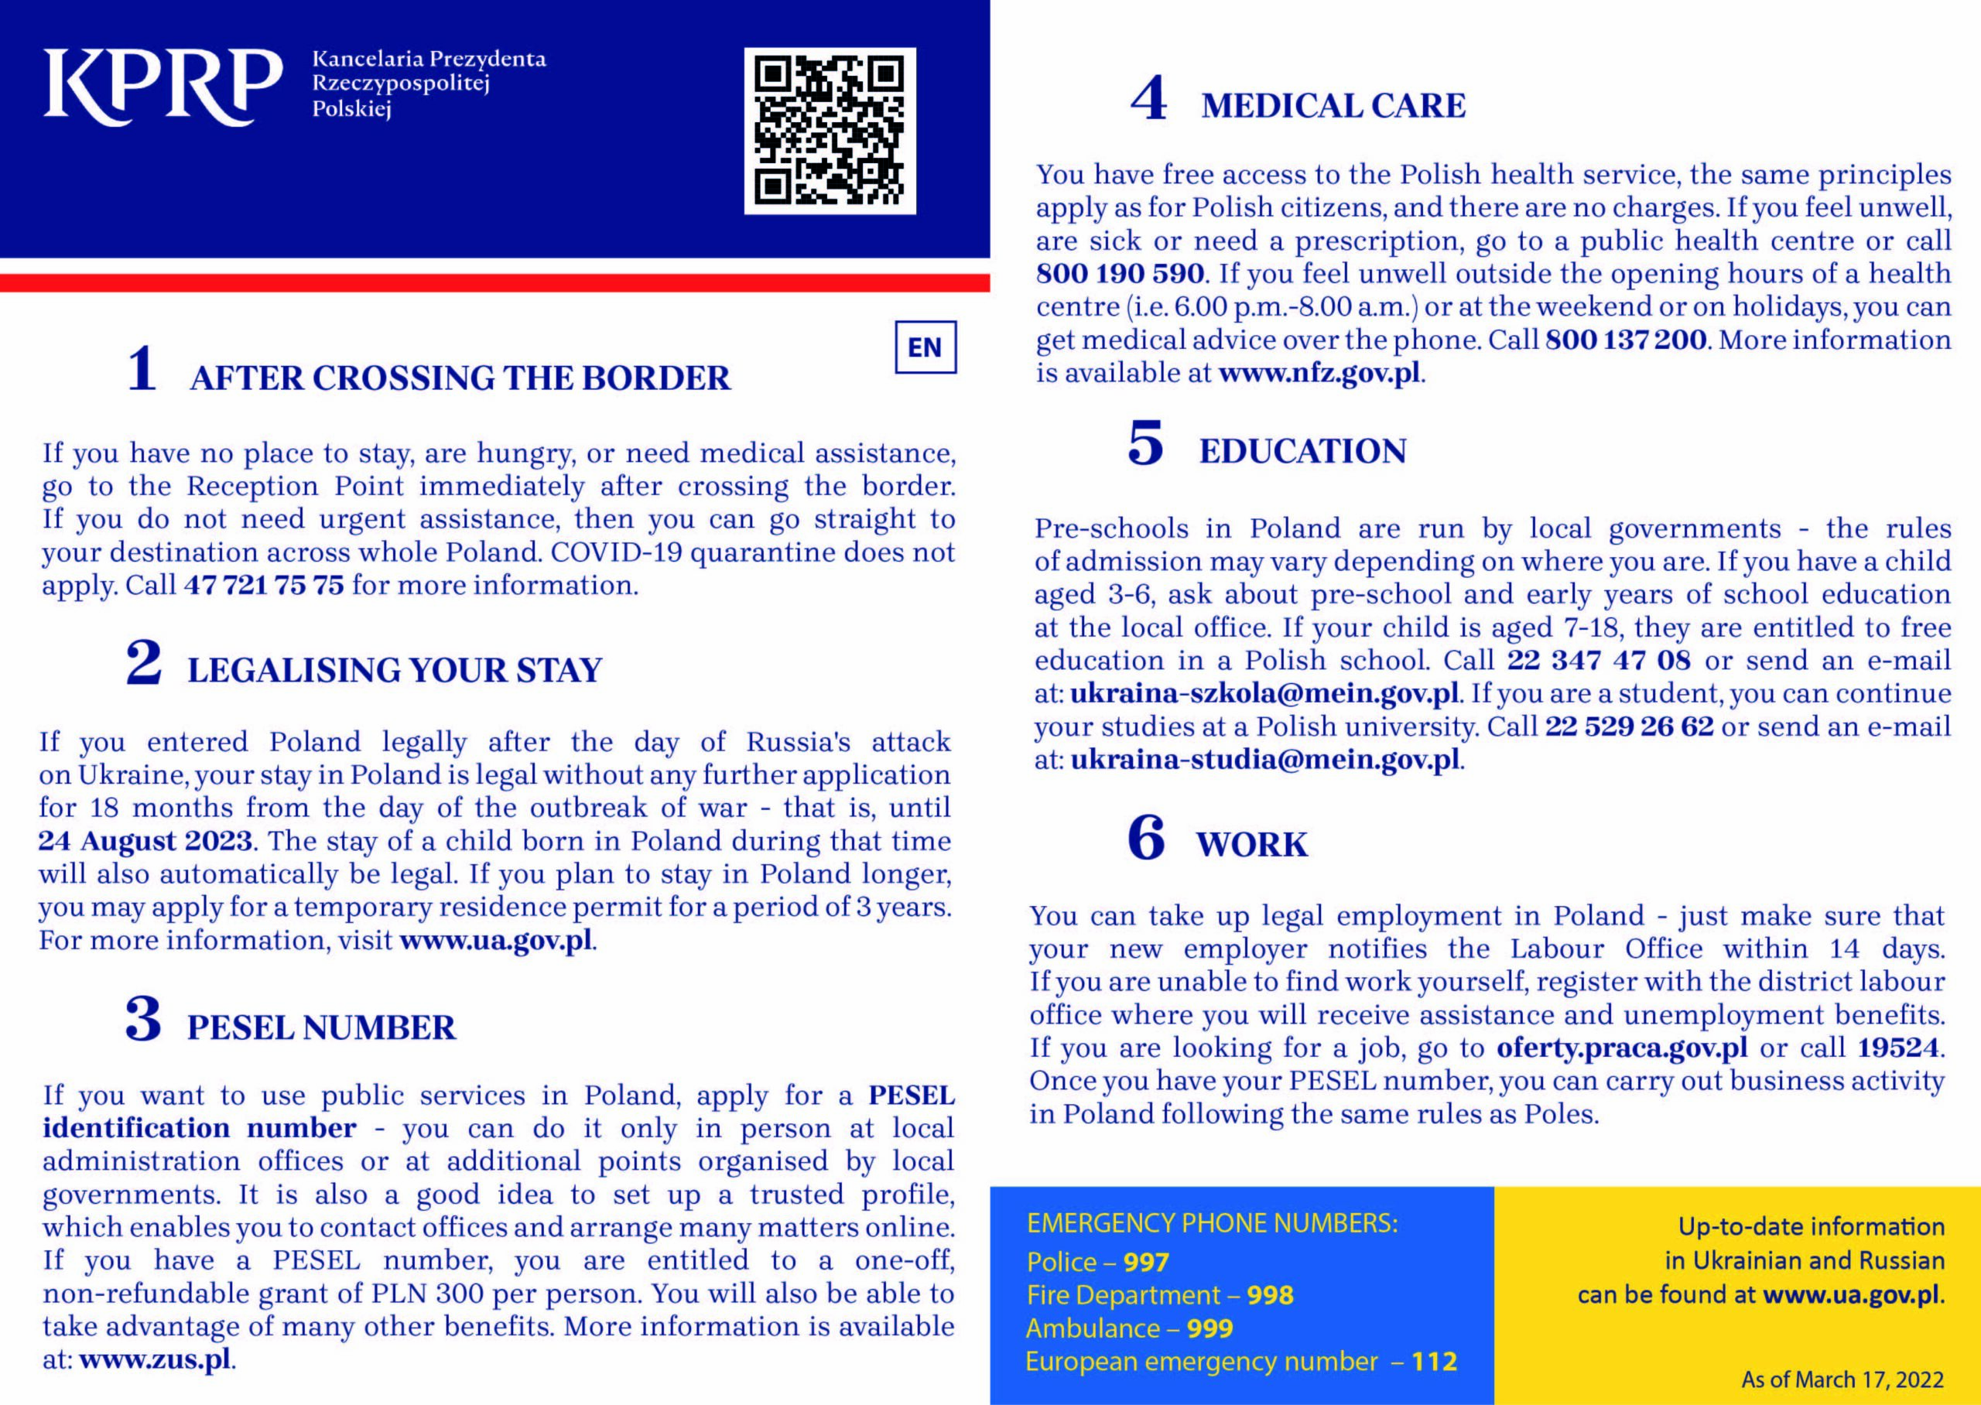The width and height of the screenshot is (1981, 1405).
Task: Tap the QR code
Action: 830,131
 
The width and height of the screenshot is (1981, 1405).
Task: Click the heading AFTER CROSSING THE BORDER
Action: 460,378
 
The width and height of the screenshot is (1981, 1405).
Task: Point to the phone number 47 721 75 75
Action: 264,586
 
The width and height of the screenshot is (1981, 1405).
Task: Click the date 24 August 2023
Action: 145,841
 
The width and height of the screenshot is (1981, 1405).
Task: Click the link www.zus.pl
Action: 155,1359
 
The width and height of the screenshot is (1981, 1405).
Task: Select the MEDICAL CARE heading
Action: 1333,105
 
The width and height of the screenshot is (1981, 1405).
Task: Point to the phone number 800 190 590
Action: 1120,274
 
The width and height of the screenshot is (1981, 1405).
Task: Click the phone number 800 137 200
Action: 1626,340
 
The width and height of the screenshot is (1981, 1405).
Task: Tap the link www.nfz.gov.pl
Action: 1319,374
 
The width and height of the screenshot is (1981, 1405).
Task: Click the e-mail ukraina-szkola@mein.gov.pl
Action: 1264,694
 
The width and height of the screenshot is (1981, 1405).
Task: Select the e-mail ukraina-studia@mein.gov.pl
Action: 1265,760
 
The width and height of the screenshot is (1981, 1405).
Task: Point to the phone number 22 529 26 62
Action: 1629,726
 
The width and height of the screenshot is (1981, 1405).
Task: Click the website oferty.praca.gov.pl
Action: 1622,1048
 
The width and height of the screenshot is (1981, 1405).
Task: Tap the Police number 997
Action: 1145,1262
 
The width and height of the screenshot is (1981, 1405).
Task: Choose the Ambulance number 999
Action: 1209,1328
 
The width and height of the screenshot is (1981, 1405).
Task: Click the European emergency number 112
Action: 1434,1362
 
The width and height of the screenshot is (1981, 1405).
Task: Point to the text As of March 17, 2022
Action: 1842,1379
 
